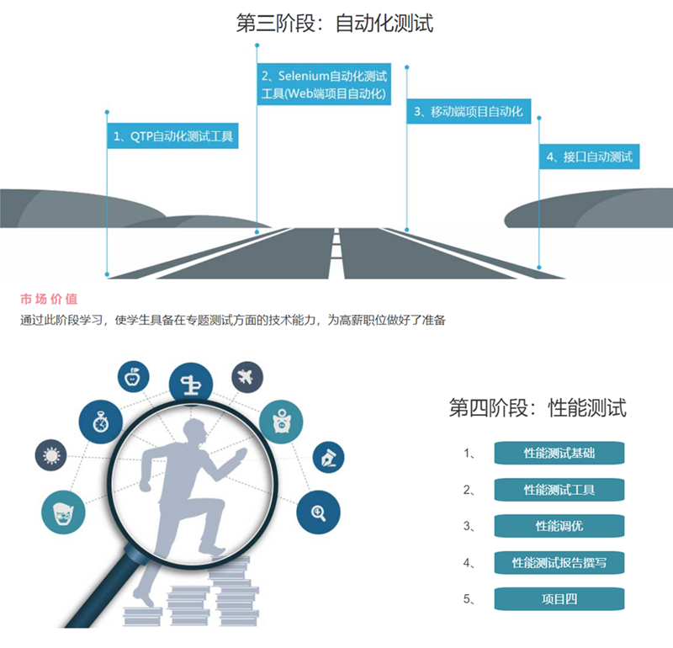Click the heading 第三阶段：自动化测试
coord(335,24)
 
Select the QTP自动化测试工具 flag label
coord(172,135)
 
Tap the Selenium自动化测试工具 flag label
coord(323,85)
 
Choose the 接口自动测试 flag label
coord(589,157)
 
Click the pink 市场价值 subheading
coord(49,299)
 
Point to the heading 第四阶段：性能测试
coord(538,409)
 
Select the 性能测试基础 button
coord(559,453)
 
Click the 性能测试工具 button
coord(559,489)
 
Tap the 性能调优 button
coord(559,526)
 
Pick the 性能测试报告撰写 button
coord(559,562)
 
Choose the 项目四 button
coord(559,599)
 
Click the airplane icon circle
coord(246,375)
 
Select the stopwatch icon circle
coord(100,422)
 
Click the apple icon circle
coord(133,376)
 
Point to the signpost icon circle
coord(190,385)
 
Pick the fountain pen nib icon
coord(327,459)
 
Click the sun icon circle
coord(51,456)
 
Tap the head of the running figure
coord(195,436)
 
